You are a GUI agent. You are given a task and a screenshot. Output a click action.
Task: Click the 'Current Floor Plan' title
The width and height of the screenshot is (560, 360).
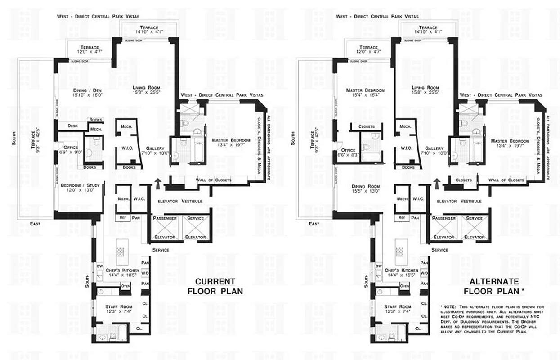pos(215,286)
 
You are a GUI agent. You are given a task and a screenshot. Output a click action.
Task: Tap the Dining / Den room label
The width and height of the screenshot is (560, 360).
pos(88,92)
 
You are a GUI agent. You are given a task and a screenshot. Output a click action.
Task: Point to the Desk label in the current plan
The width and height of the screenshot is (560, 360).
pos(72,126)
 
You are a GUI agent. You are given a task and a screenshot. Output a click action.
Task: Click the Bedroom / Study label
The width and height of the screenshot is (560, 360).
pos(80,187)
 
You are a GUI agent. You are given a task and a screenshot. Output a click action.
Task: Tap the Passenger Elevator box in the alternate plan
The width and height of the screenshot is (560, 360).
pos(444,228)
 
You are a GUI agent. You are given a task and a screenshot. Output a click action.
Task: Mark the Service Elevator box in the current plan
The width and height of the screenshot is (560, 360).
pos(196,228)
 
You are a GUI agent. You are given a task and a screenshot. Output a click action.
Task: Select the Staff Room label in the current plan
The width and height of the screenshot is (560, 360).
pos(111,309)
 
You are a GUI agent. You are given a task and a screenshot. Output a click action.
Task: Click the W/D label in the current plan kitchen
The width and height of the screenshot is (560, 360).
pos(145,273)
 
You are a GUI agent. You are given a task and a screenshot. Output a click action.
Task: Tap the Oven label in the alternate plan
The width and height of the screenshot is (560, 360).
pos(404,286)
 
